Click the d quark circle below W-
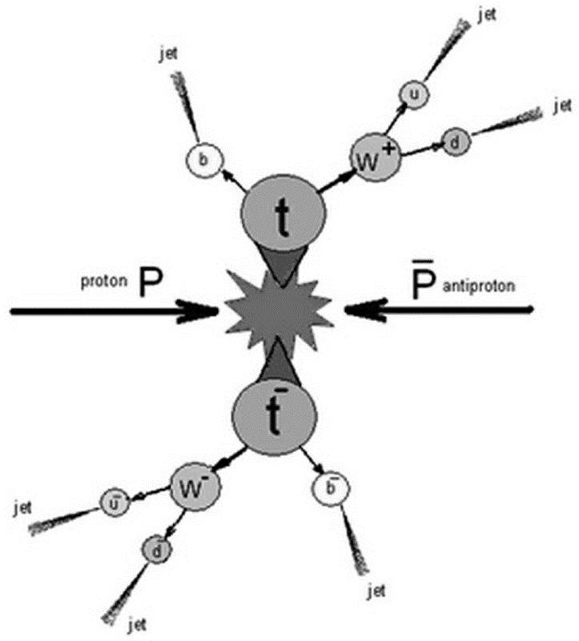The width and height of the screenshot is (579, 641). (x=152, y=549)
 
